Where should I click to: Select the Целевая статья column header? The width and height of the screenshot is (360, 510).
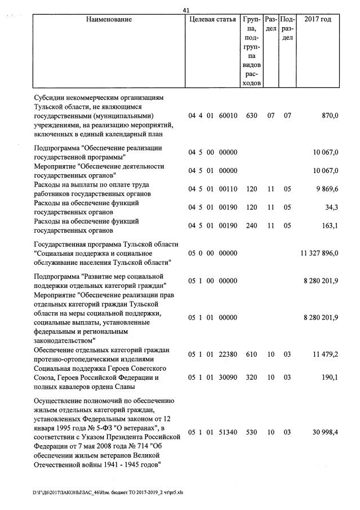point(212,20)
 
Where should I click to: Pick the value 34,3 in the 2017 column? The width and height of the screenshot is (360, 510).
point(331,207)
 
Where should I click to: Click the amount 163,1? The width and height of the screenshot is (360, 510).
point(329,226)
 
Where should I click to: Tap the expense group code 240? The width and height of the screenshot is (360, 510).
point(251,226)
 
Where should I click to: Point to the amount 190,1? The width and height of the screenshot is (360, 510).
point(329,378)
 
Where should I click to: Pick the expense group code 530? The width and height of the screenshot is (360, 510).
point(251,432)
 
